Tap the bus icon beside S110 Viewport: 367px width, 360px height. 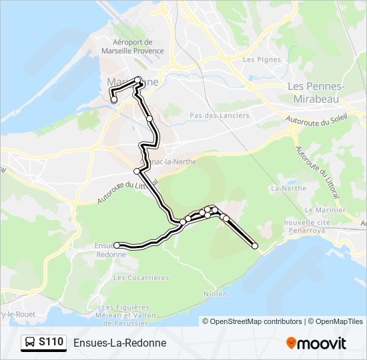pyautogui.click(x=31, y=343)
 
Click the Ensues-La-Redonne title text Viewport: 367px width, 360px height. pyautogui.click(x=119, y=343)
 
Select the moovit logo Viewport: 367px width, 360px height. pyautogui.click(x=316, y=343)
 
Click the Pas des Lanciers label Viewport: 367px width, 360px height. pyautogui.click(x=220, y=115)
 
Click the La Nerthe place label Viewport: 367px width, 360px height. pyautogui.click(x=283, y=189)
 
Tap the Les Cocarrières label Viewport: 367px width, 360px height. pyautogui.click(x=141, y=277)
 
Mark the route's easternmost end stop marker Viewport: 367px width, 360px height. pyautogui.click(x=254, y=246)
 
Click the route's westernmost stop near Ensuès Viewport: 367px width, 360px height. pyautogui.click(x=117, y=245)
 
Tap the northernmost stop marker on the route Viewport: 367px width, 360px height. pyautogui.click(x=137, y=80)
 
